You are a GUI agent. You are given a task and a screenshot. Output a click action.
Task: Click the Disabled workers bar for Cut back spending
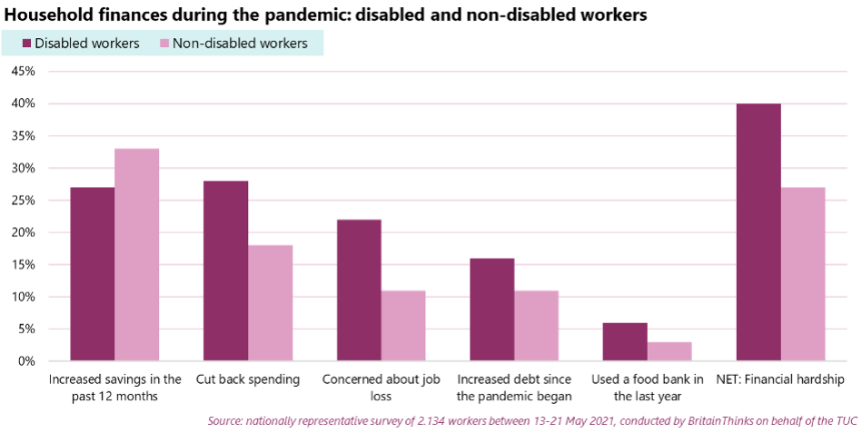click(225, 271)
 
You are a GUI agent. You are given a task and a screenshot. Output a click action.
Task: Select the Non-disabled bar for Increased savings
click(137, 255)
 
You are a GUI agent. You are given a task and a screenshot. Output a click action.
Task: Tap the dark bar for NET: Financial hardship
click(758, 232)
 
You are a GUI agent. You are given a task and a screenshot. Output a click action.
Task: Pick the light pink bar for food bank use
click(669, 351)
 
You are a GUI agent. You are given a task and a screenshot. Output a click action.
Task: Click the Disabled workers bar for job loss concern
click(359, 290)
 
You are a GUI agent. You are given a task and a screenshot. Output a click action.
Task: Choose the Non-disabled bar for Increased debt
click(537, 326)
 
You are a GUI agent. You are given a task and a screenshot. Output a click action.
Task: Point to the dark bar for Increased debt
click(492, 310)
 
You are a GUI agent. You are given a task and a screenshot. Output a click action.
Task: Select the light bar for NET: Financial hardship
click(803, 274)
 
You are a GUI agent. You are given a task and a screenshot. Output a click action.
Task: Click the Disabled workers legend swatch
click(26, 44)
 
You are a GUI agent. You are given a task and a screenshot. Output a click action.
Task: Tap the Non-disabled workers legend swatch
click(164, 44)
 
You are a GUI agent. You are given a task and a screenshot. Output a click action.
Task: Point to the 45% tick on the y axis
click(23, 72)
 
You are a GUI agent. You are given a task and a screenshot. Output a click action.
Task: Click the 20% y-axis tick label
click(23, 232)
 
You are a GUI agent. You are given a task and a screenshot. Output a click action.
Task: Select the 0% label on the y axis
click(25, 361)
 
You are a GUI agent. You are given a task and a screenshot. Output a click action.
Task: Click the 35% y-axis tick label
click(23, 136)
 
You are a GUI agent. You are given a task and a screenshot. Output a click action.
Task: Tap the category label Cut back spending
click(248, 379)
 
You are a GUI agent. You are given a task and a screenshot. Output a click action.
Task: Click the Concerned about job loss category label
click(381, 388)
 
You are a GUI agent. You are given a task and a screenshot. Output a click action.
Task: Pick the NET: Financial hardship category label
click(780, 379)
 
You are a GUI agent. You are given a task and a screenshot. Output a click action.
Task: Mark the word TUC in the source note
click(847, 421)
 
